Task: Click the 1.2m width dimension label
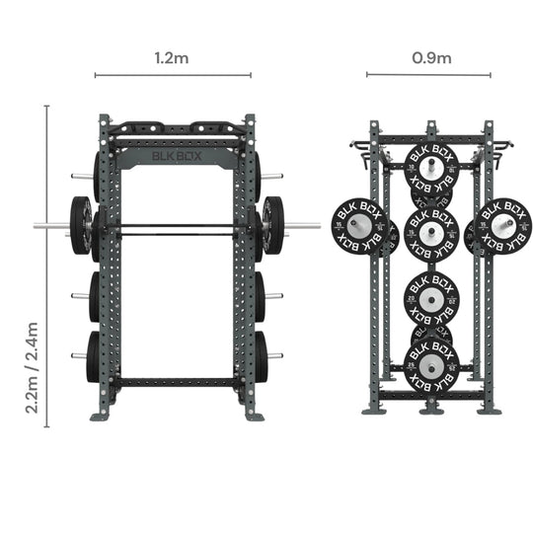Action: [173, 58]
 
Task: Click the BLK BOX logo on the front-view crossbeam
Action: [174, 155]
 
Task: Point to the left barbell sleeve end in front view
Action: [41, 226]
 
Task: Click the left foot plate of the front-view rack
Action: [101, 416]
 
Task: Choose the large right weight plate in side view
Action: [503, 224]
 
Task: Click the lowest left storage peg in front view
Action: [78, 355]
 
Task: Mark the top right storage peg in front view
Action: [272, 177]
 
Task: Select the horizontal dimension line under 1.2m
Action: [173, 74]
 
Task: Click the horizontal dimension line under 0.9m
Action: [428, 74]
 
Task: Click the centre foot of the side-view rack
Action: [431, 407]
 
